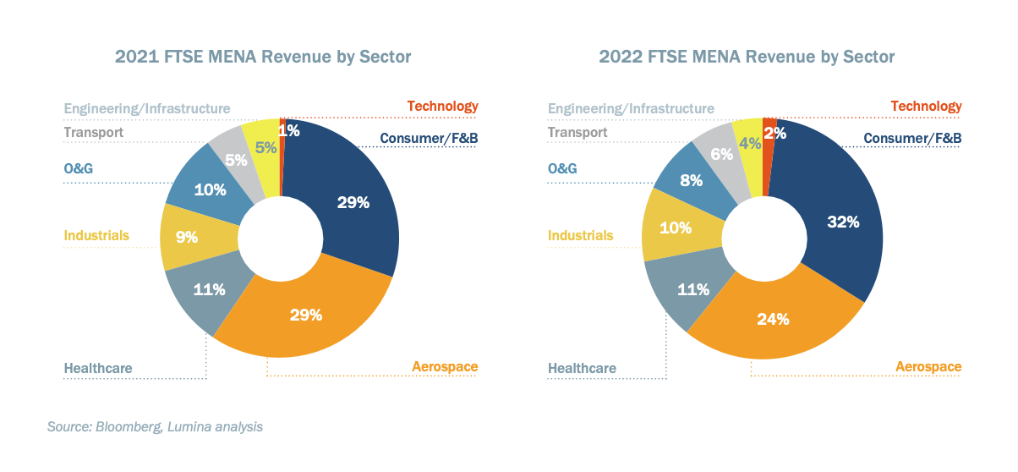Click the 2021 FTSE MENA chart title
(x=263, y=57)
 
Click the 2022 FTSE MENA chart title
(x=747, y=57)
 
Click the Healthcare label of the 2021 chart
(x=98, y=368)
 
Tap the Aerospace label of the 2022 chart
(x=928, y=366)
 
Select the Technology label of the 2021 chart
(x=442, y=106)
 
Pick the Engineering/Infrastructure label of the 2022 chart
(x=631, y=108)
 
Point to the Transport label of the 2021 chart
(x=94, y=132)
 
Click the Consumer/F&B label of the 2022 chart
(x=912, y=138)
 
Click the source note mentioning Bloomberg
(x=155, y=427)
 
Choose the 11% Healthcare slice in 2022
(x=692, y=290)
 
